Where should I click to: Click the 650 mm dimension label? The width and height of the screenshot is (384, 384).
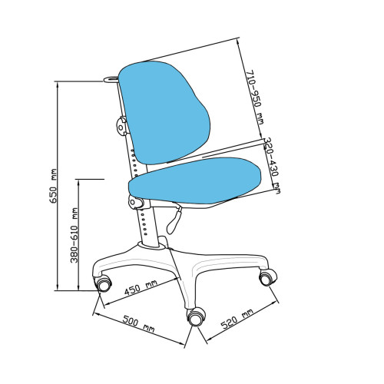click(54, 186)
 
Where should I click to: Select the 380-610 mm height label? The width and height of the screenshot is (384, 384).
click(74, 236)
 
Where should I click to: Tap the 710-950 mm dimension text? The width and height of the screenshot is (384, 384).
click(255, 97)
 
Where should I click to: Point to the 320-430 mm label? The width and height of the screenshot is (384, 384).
click(272, 166)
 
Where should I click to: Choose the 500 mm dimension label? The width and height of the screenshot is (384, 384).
click(138, 323)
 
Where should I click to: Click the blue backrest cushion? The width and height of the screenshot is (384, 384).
click(166, 112)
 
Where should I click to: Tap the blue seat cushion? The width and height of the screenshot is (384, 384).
click(195, 181)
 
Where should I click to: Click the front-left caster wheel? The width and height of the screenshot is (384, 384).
click(103, 283)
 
